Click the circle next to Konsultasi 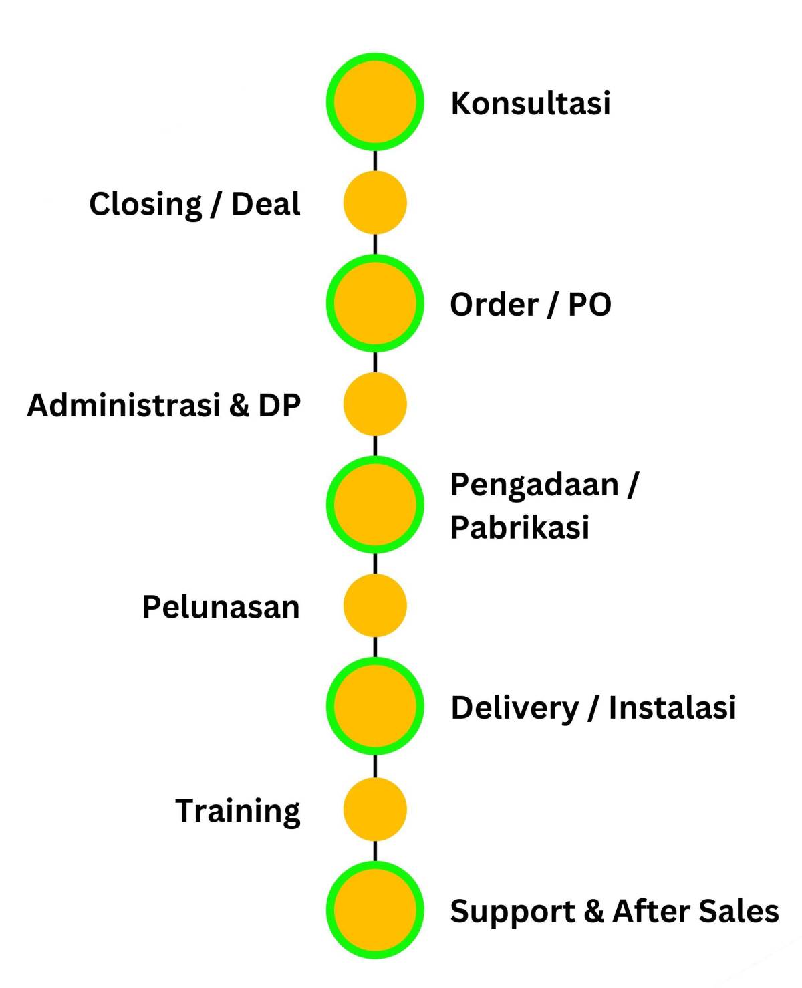tap(375, 102)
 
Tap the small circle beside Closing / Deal tap(375, 203)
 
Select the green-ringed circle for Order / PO tap(375, 303)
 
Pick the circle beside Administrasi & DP tap(375, 404)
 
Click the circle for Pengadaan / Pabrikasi tap(375, 505)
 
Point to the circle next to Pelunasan tap(375, 606)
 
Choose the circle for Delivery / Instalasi tap(375, 706)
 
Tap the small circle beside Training tap(375, 809)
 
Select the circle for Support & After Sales tap(375, 910)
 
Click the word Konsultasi tap(530, 104)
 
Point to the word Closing tap(145, 204)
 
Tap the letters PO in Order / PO tap(589, 305)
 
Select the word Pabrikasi tap(519, 527)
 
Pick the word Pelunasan tap(221, 607)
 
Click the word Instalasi tap(672, 707)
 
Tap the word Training tap(238, 811)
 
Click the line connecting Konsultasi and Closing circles tap(375, 160)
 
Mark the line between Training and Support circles tap(375, 851)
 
